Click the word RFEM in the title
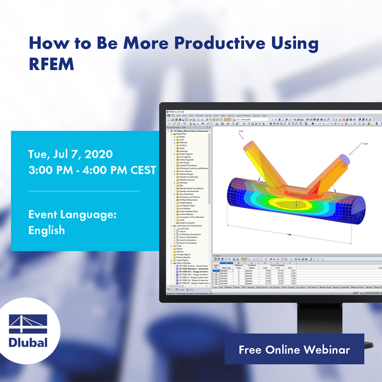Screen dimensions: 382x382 (51, 64)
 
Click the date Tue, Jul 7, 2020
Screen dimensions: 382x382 (71, 154)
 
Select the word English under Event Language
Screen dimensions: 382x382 (47, 230)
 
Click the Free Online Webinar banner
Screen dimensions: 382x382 (294, 349)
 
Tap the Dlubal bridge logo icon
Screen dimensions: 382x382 (28, 324)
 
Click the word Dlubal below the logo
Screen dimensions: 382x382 (28, 342)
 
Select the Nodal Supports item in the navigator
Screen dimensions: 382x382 (186, 154)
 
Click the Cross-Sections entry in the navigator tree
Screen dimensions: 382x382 (185, 171)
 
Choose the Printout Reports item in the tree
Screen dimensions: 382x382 (183, 257)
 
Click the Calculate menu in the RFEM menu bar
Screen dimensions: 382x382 (200, 116)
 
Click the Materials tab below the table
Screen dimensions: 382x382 (228, 287)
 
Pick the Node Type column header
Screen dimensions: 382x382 (226, 268)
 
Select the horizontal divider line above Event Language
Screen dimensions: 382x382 (84, 191)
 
